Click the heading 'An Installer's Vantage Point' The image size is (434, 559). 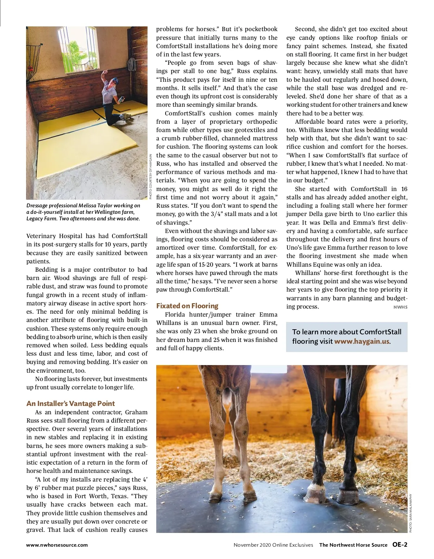[71, 403]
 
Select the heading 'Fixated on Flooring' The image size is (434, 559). [187, 306]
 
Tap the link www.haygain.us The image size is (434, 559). [362, 341]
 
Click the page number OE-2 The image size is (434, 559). [400, 545]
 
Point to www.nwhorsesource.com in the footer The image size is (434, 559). [57, 545]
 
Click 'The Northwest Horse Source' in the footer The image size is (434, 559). [353, 545]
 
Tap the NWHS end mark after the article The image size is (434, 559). [400, 307]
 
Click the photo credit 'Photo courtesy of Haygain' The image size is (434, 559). [150, 177]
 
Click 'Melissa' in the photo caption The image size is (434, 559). [88, 206]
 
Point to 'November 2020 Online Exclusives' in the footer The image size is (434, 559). [273, 545]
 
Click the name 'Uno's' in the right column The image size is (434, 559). [295, 248]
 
